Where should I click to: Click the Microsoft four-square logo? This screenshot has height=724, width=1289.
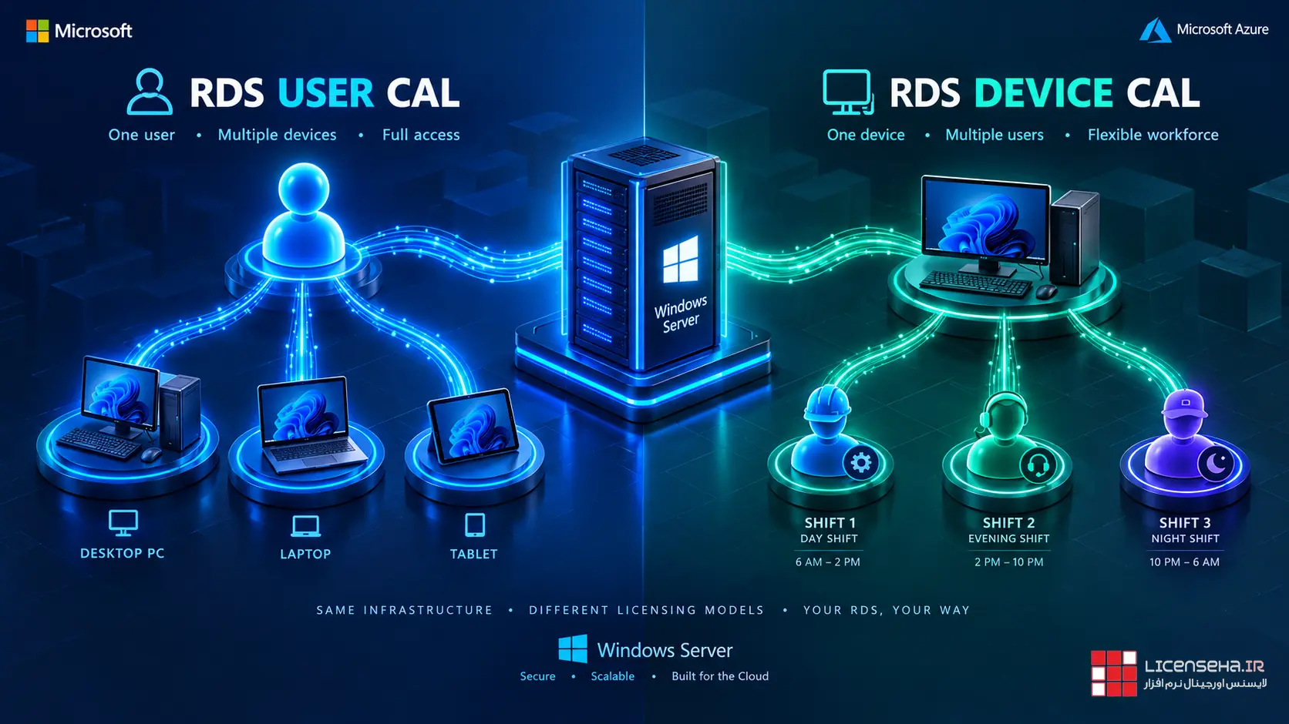click(x=38, y=31)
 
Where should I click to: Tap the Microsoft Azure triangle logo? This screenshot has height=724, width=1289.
click(x=1155, y=30)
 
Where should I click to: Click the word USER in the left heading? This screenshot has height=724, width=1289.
click(x=325, y=92)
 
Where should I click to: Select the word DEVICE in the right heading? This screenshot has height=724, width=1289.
click(x=1043, y=92)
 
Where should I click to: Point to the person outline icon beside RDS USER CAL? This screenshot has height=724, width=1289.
click(x=150, y=92)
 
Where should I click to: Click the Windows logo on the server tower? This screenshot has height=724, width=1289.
click(x=680, y=260)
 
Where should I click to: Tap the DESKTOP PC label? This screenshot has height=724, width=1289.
click(x=122, y=553)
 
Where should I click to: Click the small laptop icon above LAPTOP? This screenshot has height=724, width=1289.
click(x=305, y=525)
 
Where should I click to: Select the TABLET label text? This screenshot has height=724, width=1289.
click(x=473, y=554)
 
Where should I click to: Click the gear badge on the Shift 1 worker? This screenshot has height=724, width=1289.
click(x=861, y=463)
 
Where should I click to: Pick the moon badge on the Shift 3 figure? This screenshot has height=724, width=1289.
click(x=1216, y=463)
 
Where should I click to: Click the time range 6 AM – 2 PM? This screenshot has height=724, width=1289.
click(x=827, y=561)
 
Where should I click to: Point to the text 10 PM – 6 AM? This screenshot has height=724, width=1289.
click(x=1184, y=561)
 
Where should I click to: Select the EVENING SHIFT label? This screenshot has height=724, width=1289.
click(x=1008, y=539)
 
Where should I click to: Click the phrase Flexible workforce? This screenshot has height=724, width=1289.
click(x=1153, y=135)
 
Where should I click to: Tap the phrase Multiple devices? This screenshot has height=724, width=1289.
click(x=277, y=135)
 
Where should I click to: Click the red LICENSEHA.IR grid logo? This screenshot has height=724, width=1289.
click(x=1113, y=673)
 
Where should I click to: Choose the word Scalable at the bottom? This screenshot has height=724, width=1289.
click(x=612, y=676)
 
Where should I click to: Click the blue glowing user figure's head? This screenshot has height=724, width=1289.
click(x=304, y=188)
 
